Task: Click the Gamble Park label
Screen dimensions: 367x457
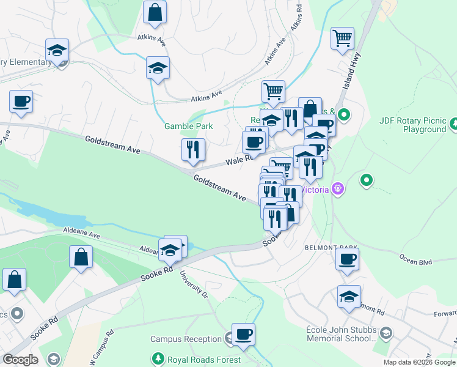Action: (x=188, y=126)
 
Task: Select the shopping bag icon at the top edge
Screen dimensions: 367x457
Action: (x=155, y=12)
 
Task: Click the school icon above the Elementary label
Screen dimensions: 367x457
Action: (x=57, y=50)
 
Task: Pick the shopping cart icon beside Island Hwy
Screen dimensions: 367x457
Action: (x=342, y=38)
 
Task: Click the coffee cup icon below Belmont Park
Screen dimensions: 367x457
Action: (x=347, y=259)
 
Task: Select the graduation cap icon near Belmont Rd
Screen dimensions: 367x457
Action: (x=349, y=297)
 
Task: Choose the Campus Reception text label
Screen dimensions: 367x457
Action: (x=186, y=339)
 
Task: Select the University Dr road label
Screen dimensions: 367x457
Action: (x=194, y=286)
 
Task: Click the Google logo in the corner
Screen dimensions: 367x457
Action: (x=20, y=359)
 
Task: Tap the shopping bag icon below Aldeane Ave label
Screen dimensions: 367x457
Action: (x=81, y=258)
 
